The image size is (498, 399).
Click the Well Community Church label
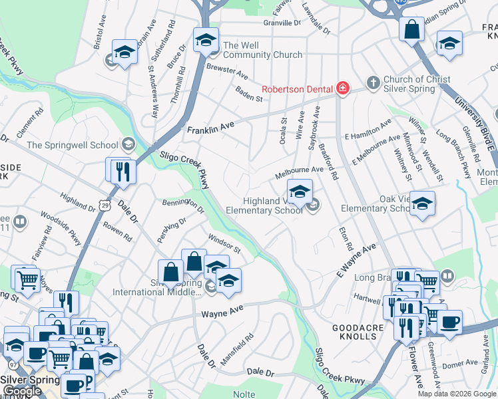click(262, 50)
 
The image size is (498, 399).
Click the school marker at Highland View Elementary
click(300, 192)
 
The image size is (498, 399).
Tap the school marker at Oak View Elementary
click(421, 203)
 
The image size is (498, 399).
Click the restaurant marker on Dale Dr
click(124, 171)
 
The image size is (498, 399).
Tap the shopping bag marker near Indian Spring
click(411, 29)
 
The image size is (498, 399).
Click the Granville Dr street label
click(282, 23)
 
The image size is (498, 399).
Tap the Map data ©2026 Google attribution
click(457, 394)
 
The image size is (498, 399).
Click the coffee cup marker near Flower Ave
click(449, 323)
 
